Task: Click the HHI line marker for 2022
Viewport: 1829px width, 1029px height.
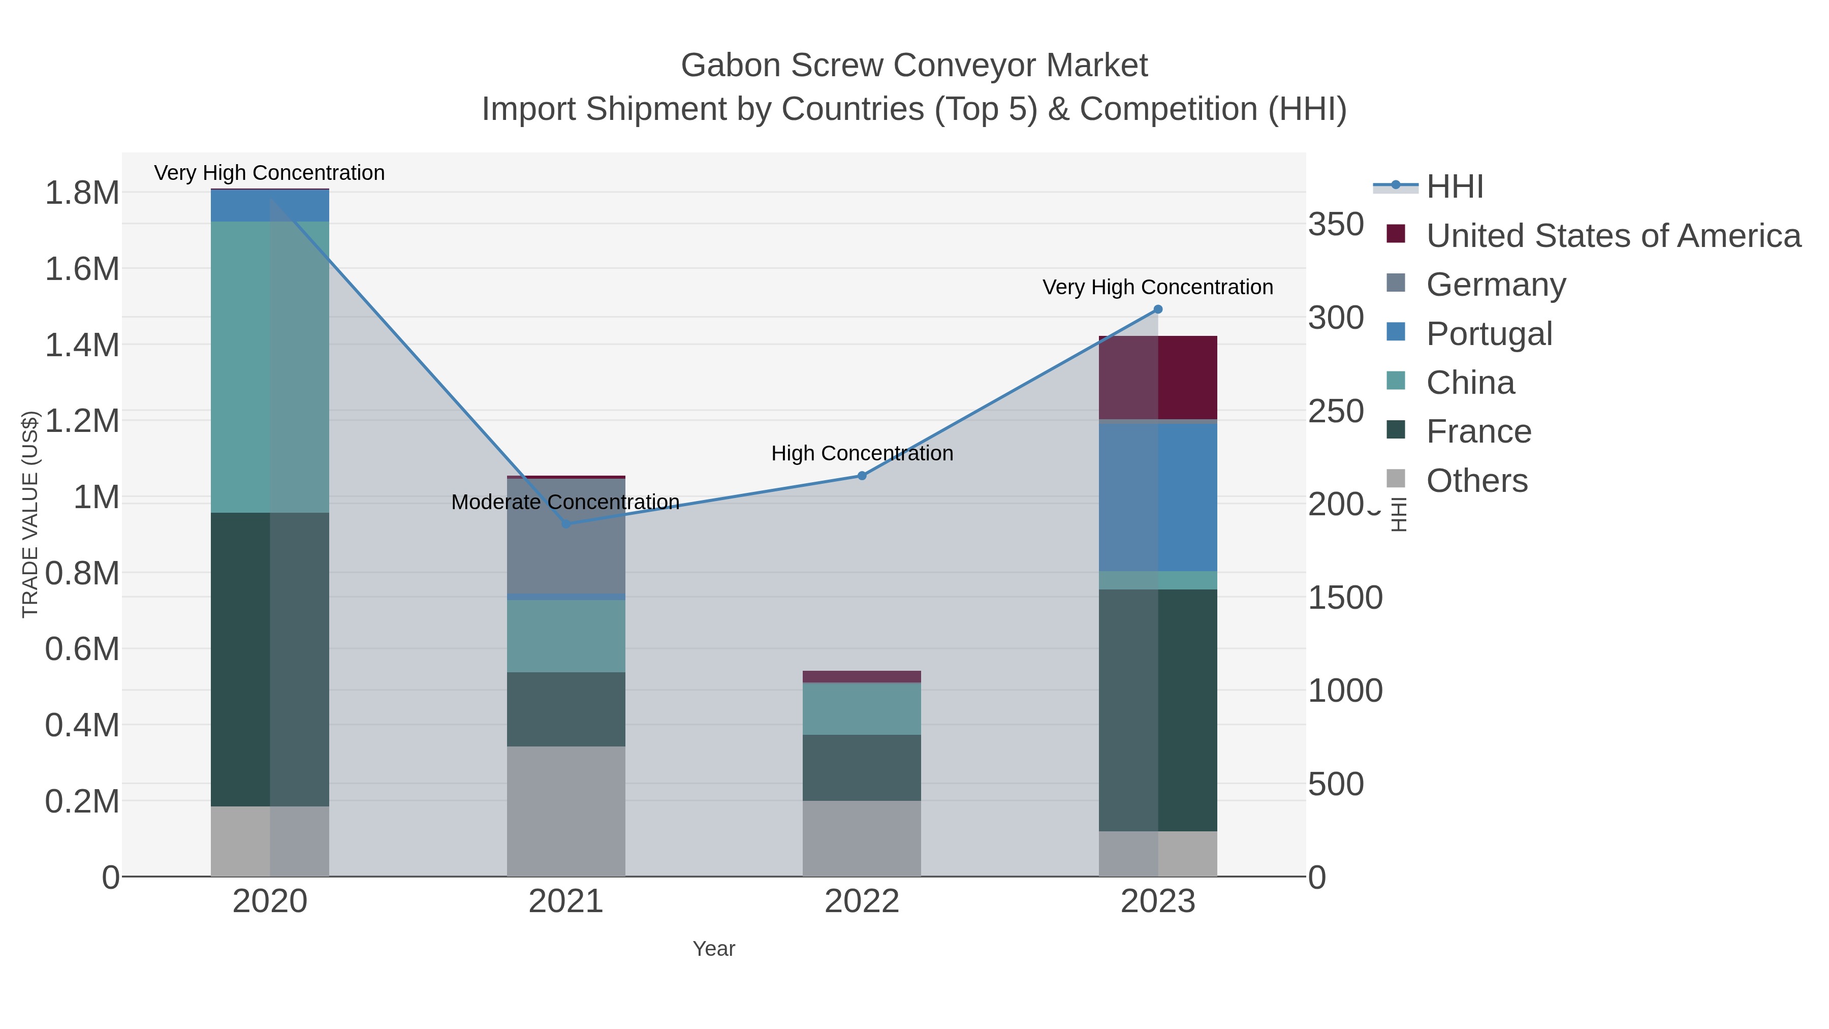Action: [862, 476]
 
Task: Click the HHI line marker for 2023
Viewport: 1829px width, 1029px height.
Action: [1157, 309]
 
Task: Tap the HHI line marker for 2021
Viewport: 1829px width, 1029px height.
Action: [566, 524]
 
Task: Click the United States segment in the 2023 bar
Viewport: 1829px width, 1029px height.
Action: [1158, 378]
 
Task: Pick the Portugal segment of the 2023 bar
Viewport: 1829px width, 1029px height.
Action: [1158, 497]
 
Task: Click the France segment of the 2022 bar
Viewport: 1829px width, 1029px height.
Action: [862, 768]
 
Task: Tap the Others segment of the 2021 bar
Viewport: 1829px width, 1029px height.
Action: [566, 811]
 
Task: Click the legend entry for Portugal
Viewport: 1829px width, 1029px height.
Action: [1489, 334]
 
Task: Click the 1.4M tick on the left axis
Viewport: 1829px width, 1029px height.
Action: [82, 345]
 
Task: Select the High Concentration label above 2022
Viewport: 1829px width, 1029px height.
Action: [862, 453]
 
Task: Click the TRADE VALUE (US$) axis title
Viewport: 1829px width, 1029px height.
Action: [30, 514]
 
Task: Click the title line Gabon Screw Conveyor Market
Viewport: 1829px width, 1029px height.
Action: [914, 66]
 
